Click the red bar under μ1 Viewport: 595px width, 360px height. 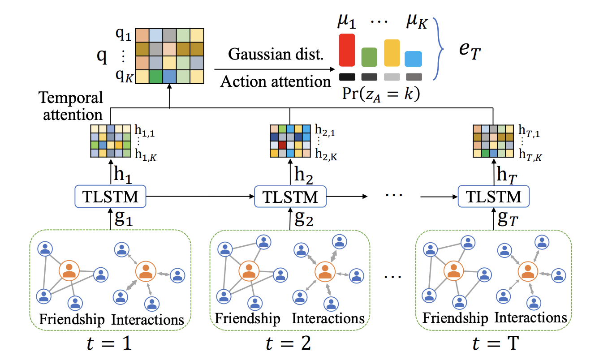[x=347, y=50]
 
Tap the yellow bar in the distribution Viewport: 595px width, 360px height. [x=392, y=53]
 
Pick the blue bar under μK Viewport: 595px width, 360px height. [x=414, y=59]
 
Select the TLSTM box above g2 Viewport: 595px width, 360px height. [x=290, y=196]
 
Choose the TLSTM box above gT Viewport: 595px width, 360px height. [x=494, y=196]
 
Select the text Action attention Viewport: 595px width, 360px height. [x=276, y=81]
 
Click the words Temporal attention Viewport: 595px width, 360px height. [x=70, y=106]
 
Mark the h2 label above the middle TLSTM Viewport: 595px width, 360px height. [x=303, y=174]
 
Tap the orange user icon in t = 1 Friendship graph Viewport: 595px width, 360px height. [x=69, y=270]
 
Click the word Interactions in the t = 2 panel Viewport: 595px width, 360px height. [x=328, y=318]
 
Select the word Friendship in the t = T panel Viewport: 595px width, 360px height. [x=455, y=318]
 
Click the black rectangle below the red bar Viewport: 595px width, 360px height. [x=347, y=77]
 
